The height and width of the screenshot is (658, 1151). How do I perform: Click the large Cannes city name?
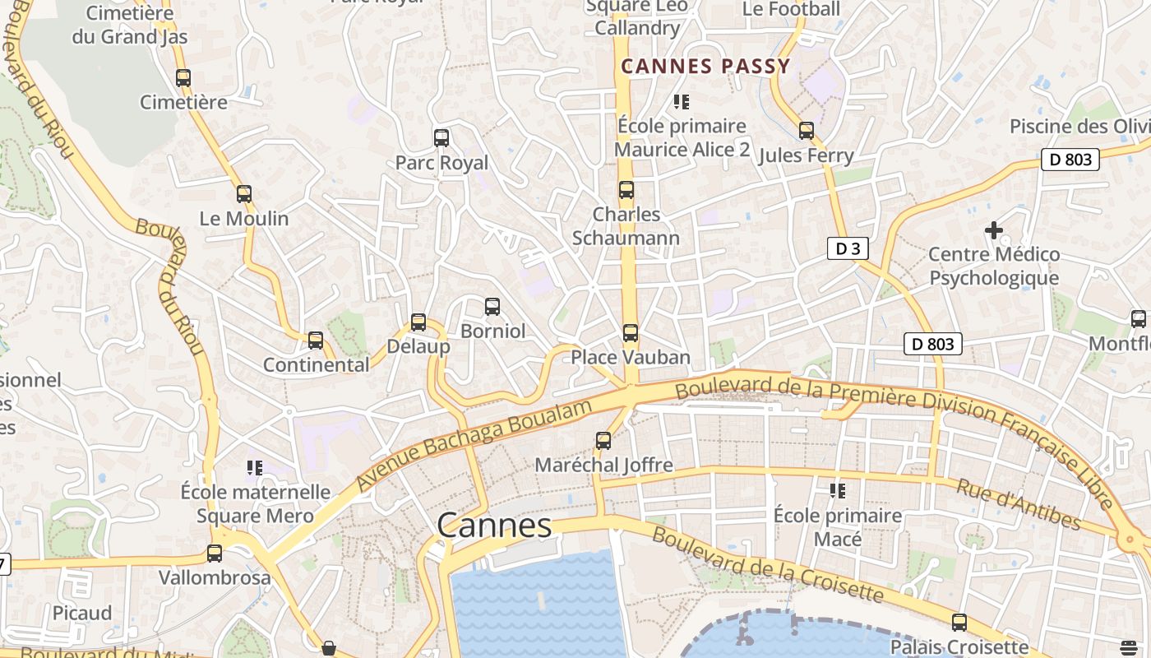click(x=494, y=525)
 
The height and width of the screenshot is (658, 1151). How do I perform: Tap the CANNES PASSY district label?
click(x=705, y=67)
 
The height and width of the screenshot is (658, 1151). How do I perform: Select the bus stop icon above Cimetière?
click(x=183, y=78)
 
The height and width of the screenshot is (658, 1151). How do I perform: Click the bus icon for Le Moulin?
click(x=244, y=194)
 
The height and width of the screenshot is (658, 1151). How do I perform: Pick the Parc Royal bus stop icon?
click(x=441, y=138)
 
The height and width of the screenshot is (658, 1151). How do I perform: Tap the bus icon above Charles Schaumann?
click(x=626, y=190)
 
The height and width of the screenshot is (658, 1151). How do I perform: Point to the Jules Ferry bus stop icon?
click(x=807, y=131)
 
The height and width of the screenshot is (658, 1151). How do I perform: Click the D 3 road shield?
click(x=848, y=249)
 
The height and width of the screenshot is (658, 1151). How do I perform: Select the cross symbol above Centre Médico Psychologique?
click(x=994, y=230)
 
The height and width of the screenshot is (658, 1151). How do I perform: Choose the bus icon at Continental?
click(x=316, y=341)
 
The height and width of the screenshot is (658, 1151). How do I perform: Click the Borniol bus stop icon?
click(x=492, y=307)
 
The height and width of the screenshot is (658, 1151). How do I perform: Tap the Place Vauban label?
click(x=631, y=357)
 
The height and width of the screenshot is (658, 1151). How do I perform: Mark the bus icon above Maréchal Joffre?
click(x=603, y=441)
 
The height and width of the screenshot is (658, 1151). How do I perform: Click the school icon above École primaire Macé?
click(x=838, y=491)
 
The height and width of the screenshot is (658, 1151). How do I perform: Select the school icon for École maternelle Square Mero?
click(x=255, y=468)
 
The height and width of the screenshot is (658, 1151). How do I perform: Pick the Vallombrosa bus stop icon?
click(x=215, y=554)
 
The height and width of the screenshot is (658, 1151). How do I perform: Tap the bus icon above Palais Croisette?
click(x=959, y=623)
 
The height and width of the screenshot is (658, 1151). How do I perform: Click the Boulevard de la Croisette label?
click(x=768, y=567)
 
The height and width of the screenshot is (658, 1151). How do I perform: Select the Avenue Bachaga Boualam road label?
click(x=474, y=447)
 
